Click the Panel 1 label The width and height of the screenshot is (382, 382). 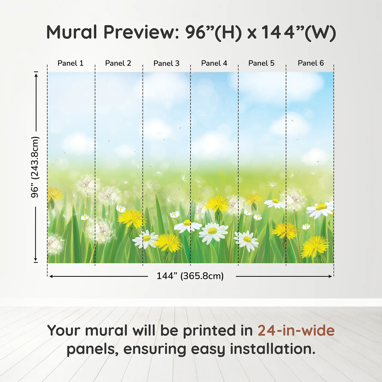tap(70, 63)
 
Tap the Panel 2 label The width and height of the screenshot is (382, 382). tap(118, 63)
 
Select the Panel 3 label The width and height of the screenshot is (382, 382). tap(166, 63)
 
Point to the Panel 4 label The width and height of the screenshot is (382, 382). tap(214, 63)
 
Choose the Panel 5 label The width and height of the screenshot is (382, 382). tap(261, 63)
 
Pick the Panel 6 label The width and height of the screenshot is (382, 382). tap(311, 63)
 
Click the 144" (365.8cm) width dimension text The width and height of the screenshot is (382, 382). tap(190, 276)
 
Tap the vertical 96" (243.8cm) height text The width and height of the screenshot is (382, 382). tap(35, 167)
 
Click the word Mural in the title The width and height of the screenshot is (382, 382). tap(72, 32)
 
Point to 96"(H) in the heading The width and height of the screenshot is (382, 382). tap(213, 32)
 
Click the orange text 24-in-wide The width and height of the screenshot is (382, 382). tap(296, 330)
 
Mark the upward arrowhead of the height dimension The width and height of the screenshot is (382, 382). tap(36, 75)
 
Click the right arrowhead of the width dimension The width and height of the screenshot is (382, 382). tap(330, 276)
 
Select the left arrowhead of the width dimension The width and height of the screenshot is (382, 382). tap(51, 276)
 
